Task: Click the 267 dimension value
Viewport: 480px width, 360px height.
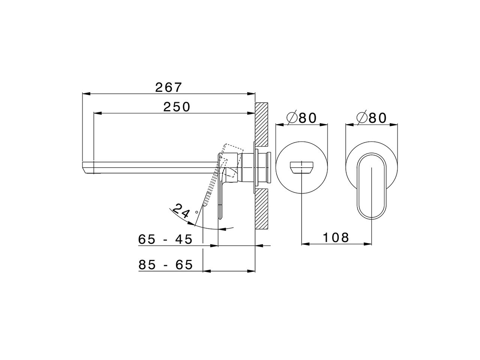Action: point(168,87)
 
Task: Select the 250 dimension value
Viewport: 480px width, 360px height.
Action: point(177,107)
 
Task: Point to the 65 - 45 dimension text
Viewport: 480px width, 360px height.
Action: point(165,239)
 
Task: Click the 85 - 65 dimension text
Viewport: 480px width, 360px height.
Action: point(165,265)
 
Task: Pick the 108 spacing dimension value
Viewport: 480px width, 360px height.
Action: point(336,237)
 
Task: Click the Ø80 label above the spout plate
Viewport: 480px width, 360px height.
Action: point(302,118)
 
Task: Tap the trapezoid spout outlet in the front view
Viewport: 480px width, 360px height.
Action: point(302,167)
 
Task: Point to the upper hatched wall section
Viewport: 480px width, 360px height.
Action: point(261,124)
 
